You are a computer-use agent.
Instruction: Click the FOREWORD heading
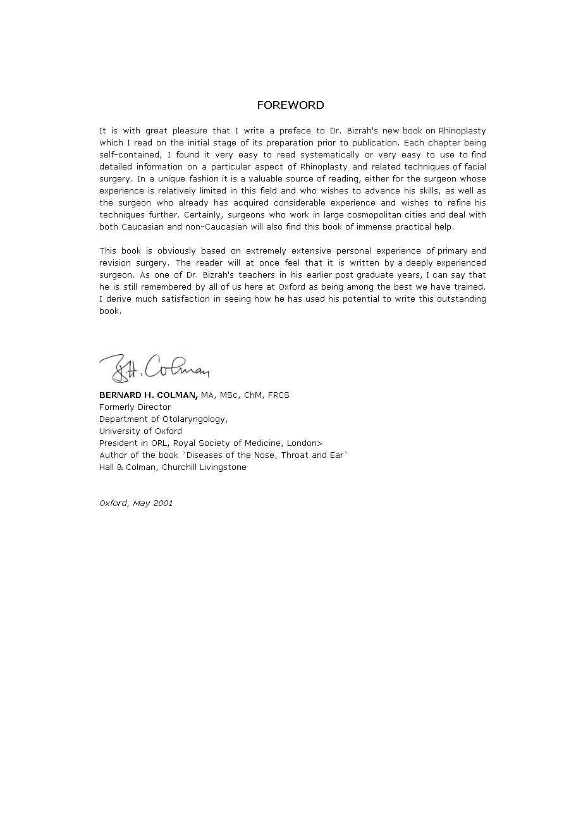point(290,105)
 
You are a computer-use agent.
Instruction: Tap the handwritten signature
point(154,367)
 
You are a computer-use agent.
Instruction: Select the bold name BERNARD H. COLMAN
point(149,395)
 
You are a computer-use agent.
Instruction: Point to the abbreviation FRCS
point(278,395)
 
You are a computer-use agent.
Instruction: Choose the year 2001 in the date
point(162,503)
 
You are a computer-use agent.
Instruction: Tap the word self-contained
point(130,155)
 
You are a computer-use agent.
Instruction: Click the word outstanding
point(460,299)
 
